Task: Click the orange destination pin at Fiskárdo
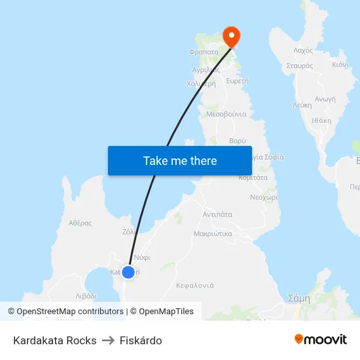tap(232, 36)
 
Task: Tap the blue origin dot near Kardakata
tap(128, 272)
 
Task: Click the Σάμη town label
tap(299, 298)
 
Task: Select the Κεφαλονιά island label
tap(195, 285)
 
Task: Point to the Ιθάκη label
tap(321, 120)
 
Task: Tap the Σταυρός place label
tap(300, 66)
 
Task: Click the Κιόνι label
tap(340, 65)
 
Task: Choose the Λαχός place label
tap(303, 50)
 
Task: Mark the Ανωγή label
tap(325, 99)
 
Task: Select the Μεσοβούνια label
tap(226, 114)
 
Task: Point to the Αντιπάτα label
tap(218, 214)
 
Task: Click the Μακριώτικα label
tap(213, 233)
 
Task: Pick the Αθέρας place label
tap(80, 223)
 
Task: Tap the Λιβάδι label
tap(90, 297)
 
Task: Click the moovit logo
tap(320, 340)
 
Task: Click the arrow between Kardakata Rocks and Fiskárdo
tap(109, 340)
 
